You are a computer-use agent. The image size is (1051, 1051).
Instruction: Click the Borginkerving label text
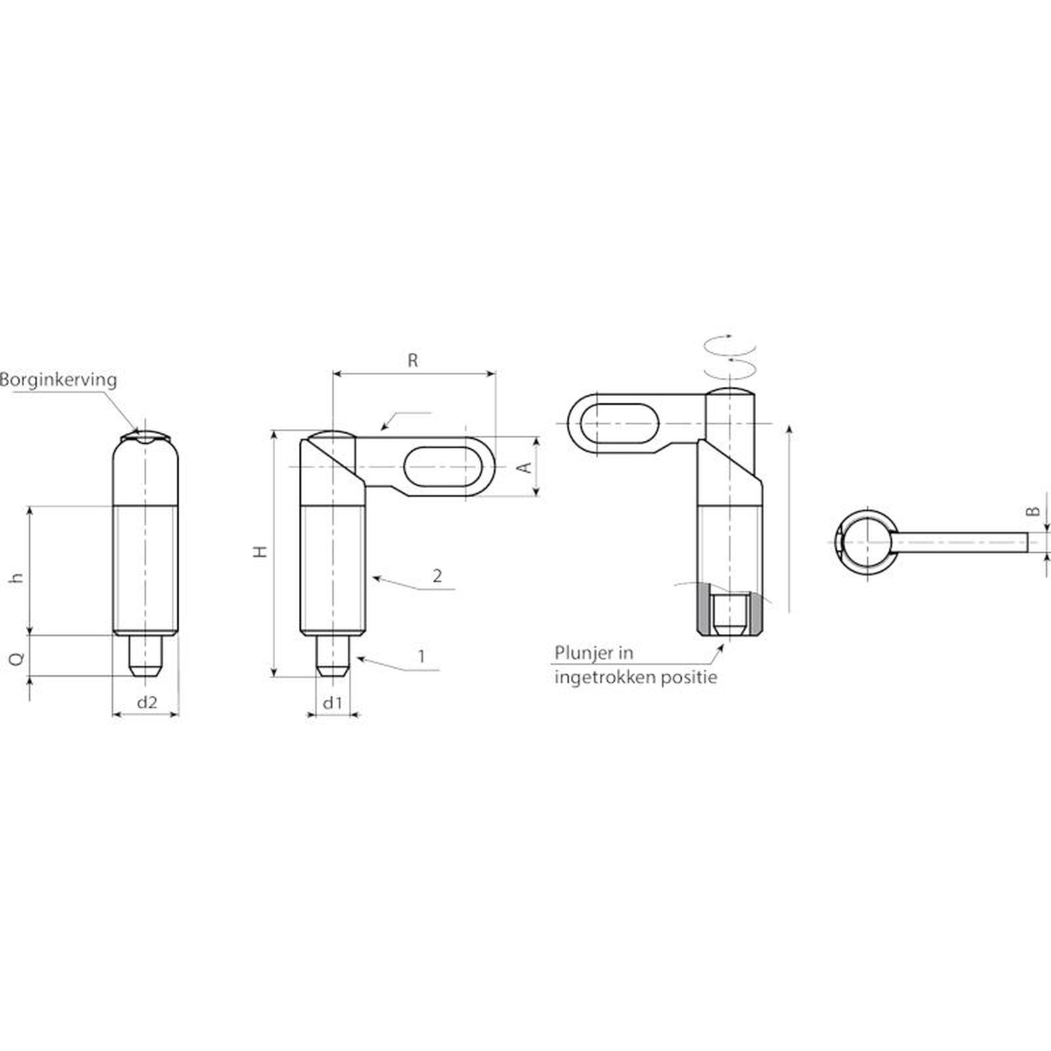click(58, 380)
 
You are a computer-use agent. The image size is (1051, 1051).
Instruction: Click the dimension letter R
click(413, 360)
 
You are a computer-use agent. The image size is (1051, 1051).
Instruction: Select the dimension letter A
click(525, 467)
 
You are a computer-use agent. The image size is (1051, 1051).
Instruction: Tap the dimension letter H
click(261, 551)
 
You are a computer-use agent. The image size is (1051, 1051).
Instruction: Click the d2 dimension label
click(146, 702)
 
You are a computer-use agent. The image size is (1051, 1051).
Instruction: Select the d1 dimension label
click(333, 702)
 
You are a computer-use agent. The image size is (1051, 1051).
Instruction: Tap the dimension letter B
click(1033, 511)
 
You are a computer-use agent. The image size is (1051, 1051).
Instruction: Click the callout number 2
click(437, 576)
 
